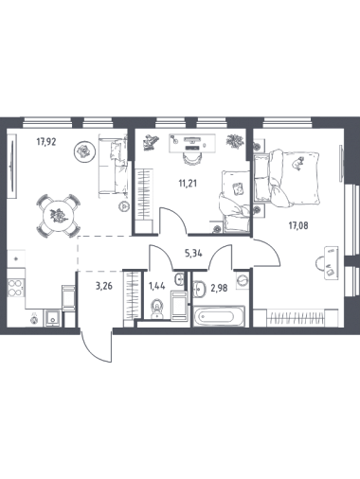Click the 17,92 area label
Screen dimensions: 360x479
pos(46,142)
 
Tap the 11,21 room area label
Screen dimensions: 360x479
pos(188,183)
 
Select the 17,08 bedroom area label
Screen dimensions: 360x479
pos(297,225)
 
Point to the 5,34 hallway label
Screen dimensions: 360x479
pos(193,253)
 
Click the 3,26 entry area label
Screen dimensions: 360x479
pos(104,287)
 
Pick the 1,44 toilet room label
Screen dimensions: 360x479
pos(156,287)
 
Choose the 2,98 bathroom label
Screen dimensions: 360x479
pos(219,288)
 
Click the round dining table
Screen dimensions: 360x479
pos(59,216)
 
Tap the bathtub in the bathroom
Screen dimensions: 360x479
pos(219,315)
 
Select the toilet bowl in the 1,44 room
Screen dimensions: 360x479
pos(156,310)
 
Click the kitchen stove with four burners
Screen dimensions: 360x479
pos(16,288)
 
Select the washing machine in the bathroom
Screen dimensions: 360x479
pos(243,279)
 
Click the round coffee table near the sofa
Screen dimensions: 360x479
pos(84,152)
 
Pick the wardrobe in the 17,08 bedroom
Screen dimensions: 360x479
pos(296,317)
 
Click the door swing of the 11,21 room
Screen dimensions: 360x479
pos(174,219)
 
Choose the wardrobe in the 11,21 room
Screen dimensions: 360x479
pos(144,194)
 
